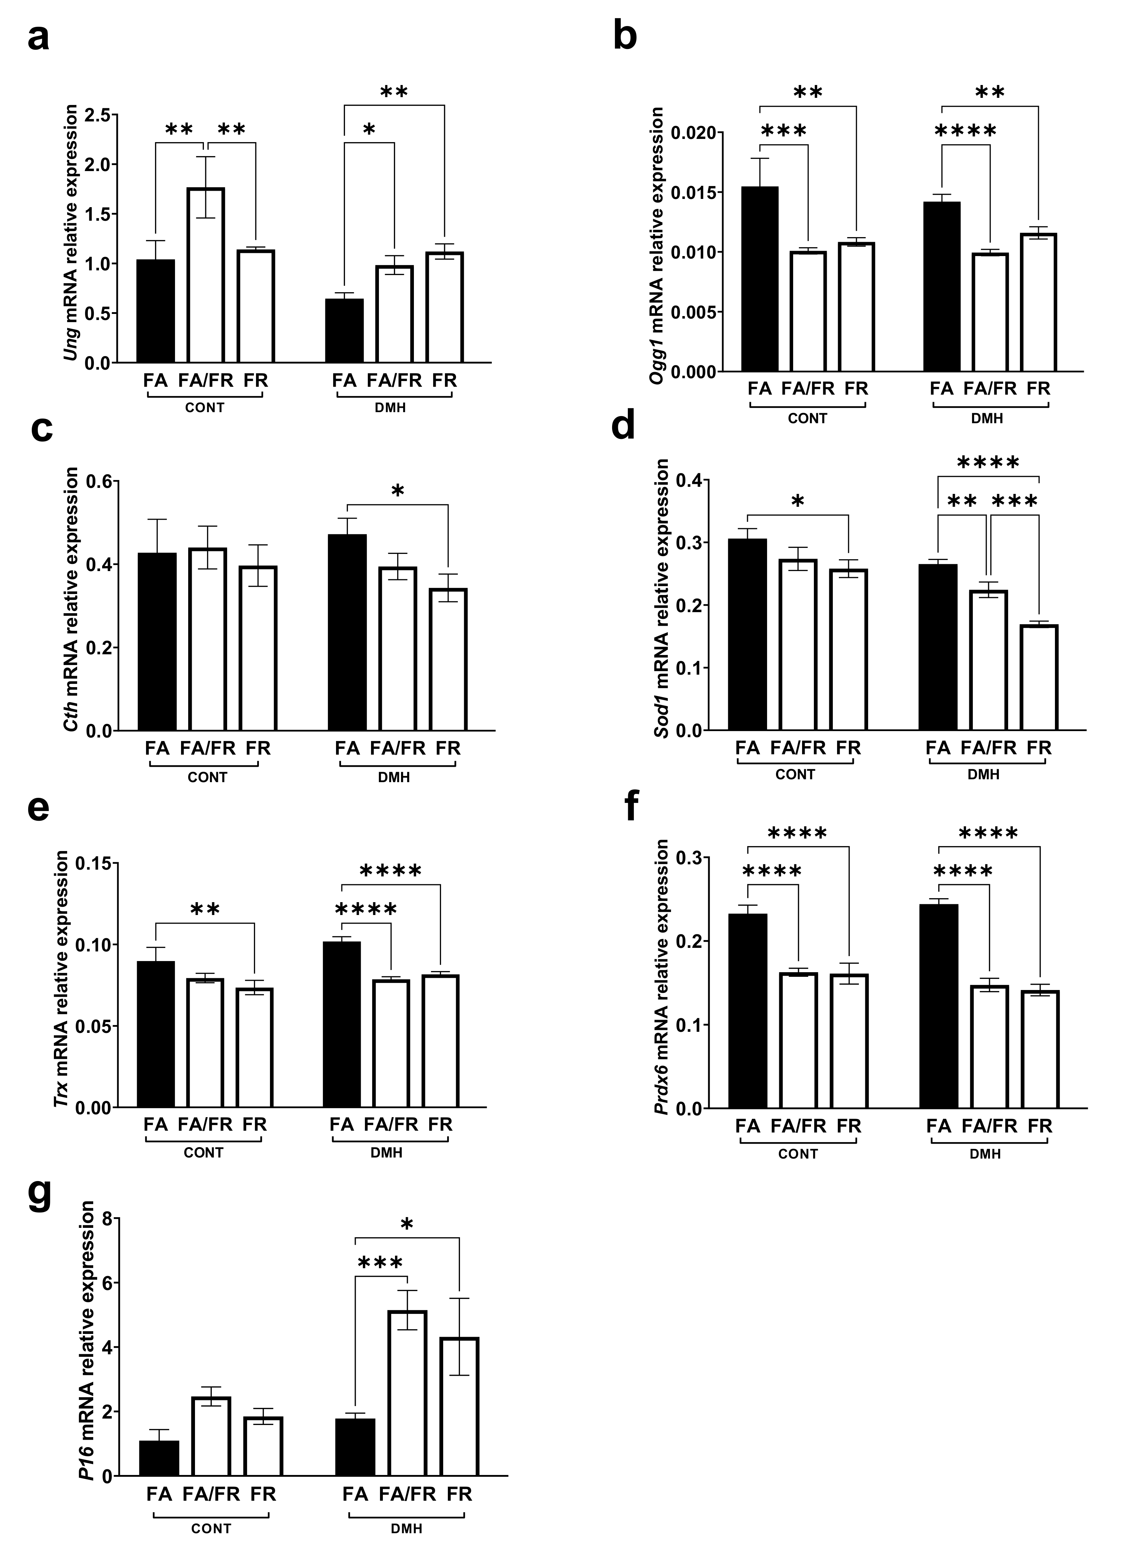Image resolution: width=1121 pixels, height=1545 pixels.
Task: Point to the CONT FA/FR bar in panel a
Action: [x=205, y=275]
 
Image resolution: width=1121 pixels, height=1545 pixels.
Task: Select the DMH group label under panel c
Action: [x=394, y=777]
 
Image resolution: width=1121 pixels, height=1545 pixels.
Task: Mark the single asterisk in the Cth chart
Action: [x=398, y=491]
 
